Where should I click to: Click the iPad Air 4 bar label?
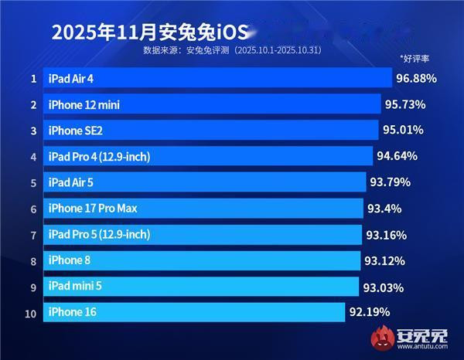pyautogui.click(x=81, y=78)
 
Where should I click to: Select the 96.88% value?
pyautogui.click(x=416, y=78)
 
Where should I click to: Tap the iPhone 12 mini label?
pyautogui.click(x=84, y=104)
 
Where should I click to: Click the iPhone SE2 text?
pyautogui.click(x=75, y=131)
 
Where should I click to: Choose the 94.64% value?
pyautogui.click(x=397, y=156)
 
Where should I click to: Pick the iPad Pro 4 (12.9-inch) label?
pyautogui.click(x=99, y=157)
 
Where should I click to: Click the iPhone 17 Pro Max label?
pyautogui.click(x=93, y=209)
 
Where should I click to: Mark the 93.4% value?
pyautogui.click(x=384, y=209)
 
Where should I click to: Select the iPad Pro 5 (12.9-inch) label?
pyautogui.click(x=99, y=234)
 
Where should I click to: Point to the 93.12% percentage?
pyautogui.click(x=384, y=260)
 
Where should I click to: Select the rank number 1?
pyautogui.click(x=33, y=79)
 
